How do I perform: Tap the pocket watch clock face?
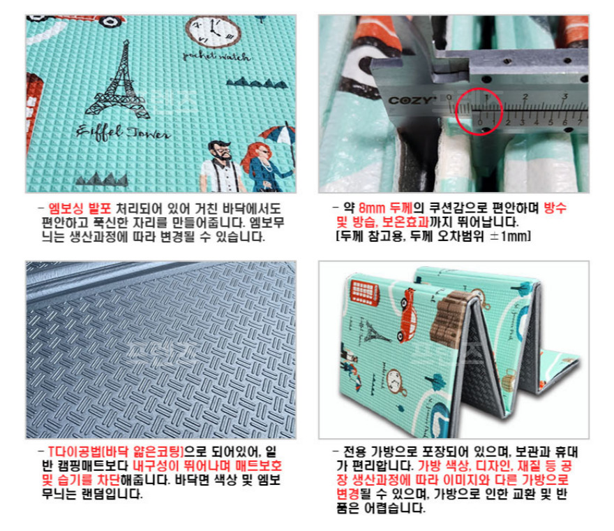[213, 31]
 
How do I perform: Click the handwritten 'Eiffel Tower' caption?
[123, 133]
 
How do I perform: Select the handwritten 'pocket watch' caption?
[216, 57]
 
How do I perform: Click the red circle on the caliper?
[479, 111]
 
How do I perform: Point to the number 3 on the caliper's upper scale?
[564, 96]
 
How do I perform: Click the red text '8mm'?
[372, 208]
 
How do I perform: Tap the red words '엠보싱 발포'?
[80, 208]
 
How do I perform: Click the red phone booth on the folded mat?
[364, 293]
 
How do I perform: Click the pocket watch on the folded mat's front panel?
[396, 382]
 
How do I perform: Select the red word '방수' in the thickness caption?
[555, 208]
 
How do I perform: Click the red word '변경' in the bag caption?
[347, 493]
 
